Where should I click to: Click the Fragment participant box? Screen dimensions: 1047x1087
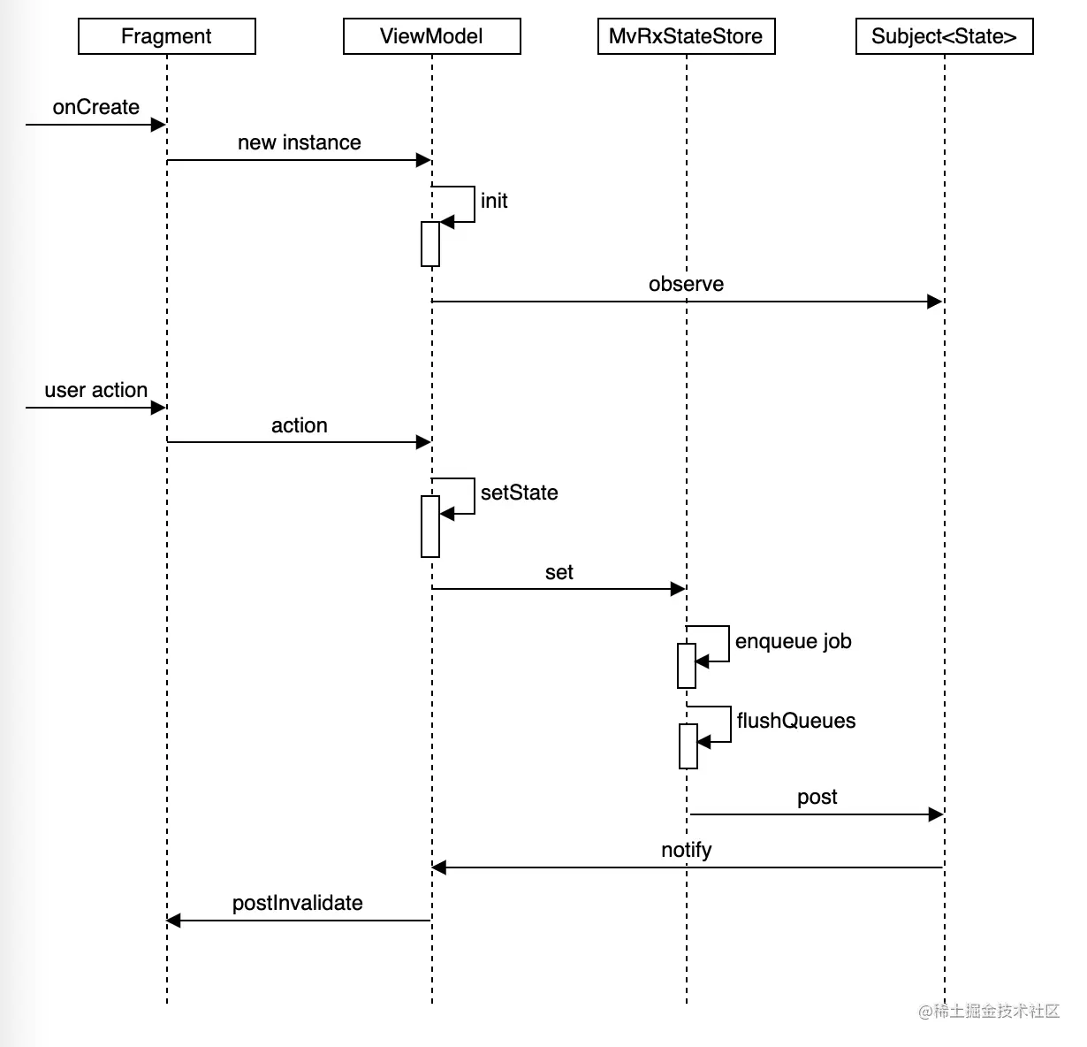166,36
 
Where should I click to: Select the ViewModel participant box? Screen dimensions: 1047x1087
431,36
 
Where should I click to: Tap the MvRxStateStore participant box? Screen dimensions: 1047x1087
686,36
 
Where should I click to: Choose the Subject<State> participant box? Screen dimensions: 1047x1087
944,36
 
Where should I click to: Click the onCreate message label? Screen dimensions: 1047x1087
95,107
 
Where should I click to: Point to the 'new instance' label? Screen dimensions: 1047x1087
299,142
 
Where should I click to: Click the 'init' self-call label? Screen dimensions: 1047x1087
494,201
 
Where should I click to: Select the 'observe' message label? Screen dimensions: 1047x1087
686,284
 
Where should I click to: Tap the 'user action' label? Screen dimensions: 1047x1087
95,390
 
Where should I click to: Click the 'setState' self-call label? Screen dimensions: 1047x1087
519,493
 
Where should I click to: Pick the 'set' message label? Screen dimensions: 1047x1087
559,572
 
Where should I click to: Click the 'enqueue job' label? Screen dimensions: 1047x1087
793,641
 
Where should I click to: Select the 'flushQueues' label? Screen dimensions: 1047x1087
795,721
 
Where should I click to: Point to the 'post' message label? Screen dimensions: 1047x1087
817,797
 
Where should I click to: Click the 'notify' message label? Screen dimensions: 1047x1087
686,850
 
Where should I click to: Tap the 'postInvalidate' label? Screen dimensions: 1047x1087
297,903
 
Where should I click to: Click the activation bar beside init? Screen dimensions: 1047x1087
430,244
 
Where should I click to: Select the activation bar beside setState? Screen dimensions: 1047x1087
430,526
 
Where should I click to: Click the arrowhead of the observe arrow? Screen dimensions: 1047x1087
935,302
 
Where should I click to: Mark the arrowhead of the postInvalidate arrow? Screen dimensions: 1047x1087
174,921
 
